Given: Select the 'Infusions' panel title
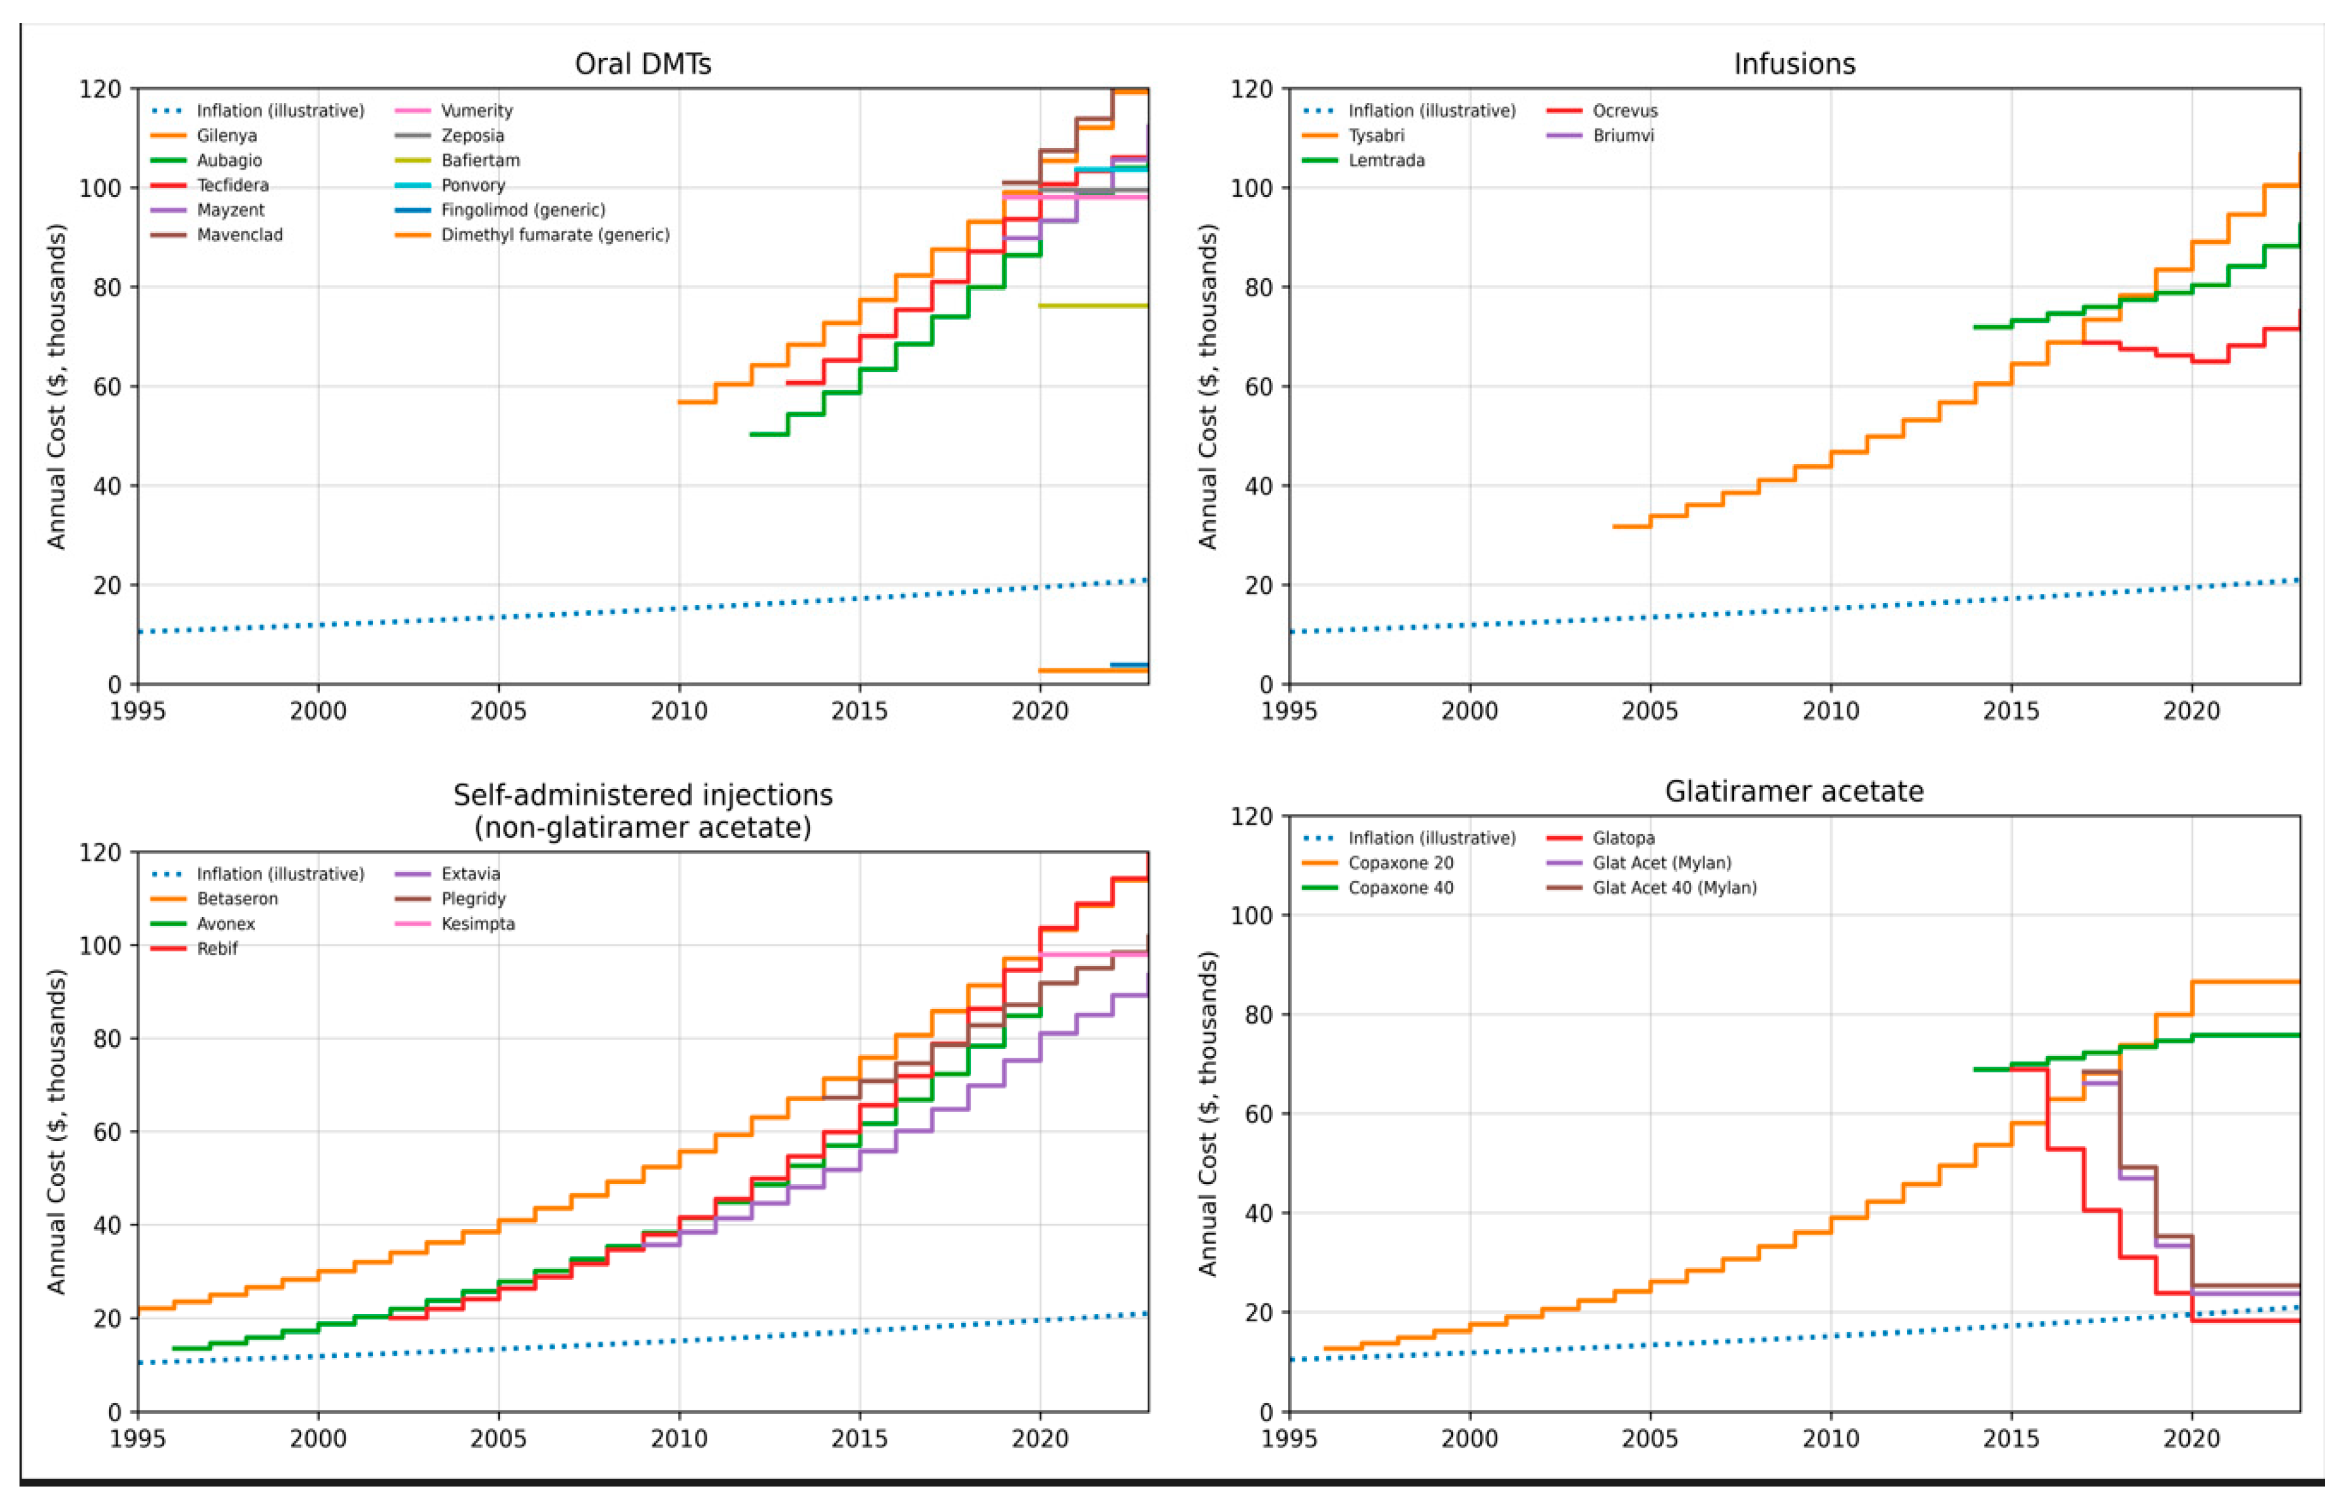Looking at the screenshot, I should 1794,65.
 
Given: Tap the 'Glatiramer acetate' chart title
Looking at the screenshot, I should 1794,791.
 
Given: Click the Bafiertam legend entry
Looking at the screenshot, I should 479,160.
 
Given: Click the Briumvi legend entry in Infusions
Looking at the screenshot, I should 1623,135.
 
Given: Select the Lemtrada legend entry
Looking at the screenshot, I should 1386,160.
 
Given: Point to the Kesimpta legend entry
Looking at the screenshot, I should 477,923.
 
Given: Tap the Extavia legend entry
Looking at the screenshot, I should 470,874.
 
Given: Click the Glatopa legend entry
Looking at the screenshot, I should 1623,837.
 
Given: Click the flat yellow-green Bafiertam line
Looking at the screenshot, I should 1093,305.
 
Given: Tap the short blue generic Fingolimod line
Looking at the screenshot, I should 1129,665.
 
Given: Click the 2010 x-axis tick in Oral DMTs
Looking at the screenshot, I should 679,710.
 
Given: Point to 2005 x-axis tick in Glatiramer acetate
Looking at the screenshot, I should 1650,1438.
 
